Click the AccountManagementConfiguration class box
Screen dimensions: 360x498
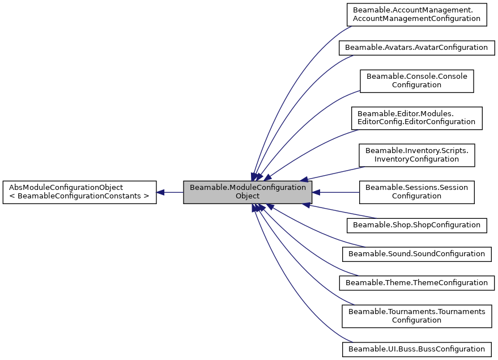[416, 14]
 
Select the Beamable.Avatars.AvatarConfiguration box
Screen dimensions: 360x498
[416, 48]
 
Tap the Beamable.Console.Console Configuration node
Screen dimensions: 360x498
[416, 81]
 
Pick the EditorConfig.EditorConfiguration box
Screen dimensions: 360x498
[416, 117]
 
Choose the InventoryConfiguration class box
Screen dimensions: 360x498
[416, 155]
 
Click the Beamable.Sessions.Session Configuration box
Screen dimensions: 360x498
[416, 192]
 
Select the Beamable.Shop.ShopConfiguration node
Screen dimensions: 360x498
[416, 225]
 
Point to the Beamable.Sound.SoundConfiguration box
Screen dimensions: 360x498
[416, 254]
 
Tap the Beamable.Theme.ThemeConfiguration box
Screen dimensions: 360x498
[416, 282]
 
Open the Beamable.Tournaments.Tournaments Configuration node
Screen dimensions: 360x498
[416, 316]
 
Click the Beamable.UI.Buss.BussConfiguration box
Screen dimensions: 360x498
[416, 349]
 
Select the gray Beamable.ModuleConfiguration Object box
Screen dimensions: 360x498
[248, 192]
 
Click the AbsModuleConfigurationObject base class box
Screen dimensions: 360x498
[79, 192]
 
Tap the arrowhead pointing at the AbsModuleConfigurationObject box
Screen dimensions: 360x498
[161, 192]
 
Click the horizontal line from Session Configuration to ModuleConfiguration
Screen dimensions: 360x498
[340, 192]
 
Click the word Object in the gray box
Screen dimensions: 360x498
[248, 196]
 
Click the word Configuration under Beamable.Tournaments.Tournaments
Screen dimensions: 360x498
[416, 320]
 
